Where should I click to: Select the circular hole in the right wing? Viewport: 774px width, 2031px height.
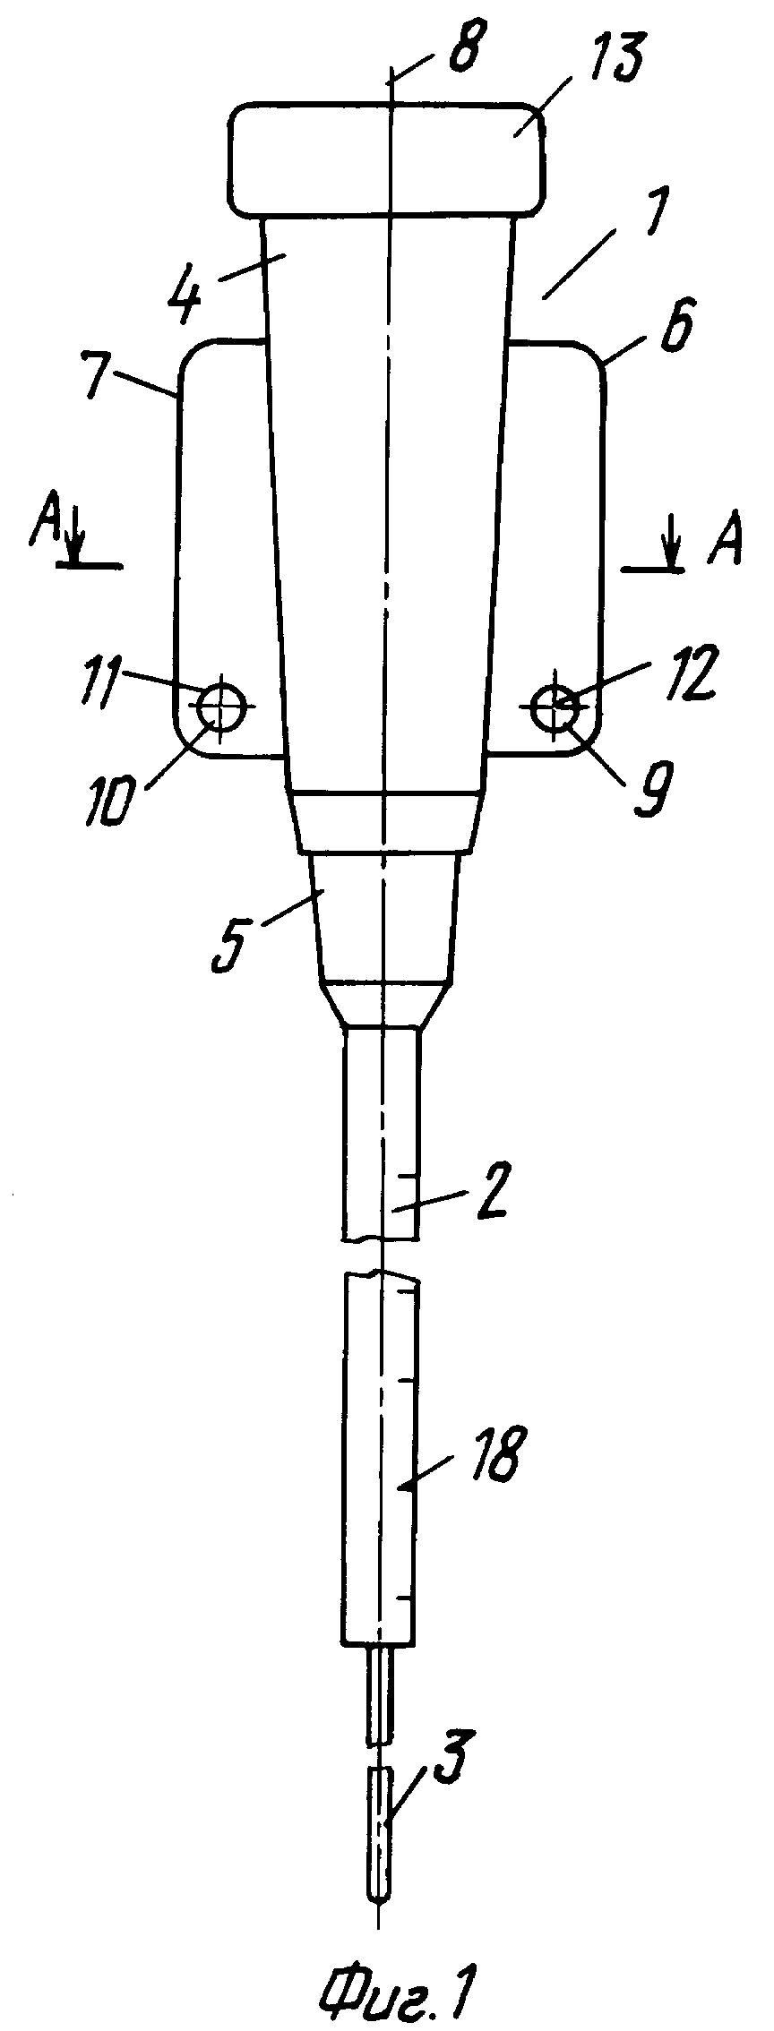coord(554,707)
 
